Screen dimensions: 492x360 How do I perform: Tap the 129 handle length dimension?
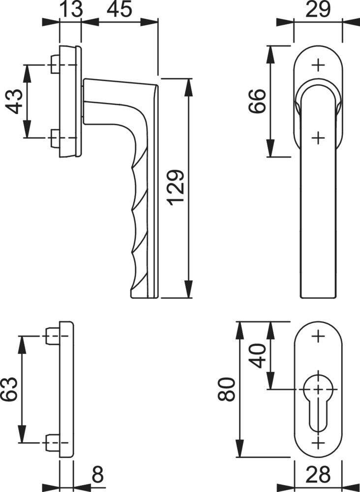click(176, 188)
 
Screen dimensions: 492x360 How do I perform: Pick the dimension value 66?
click(257, 101)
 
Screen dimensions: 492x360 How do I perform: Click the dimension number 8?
click(97, 476)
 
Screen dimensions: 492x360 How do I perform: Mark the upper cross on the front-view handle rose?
click(319, 65)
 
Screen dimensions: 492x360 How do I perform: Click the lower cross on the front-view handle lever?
click(319, 137)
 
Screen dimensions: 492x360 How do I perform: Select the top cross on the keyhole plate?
click(319, 337)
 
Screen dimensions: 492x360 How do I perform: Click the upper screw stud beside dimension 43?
click(55, 64)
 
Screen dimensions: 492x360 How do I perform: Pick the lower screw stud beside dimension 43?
click(55, 137)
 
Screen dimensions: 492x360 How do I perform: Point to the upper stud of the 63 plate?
click(52, 337)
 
